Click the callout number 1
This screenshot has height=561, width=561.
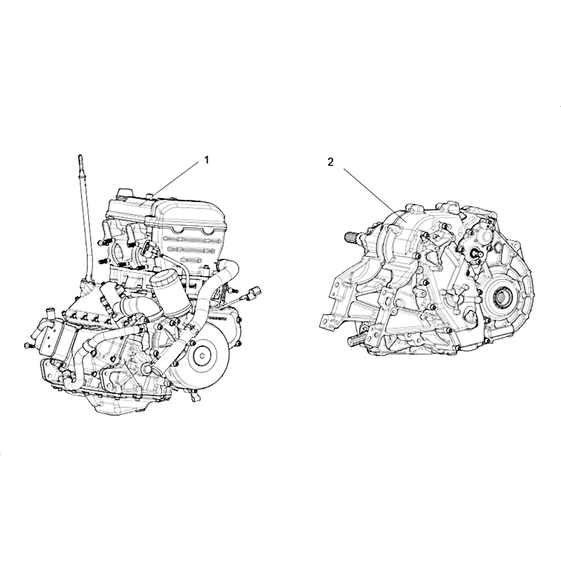(x=206, y=160)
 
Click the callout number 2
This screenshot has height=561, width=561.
(x=330, y=162)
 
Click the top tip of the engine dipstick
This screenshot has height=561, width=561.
(x=80, y=155)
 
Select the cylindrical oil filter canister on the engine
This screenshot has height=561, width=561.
(x=169, y=293)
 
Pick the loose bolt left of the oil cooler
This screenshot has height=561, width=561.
(x=29, y=346)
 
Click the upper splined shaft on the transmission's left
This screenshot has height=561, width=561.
(x=353, y=237)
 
